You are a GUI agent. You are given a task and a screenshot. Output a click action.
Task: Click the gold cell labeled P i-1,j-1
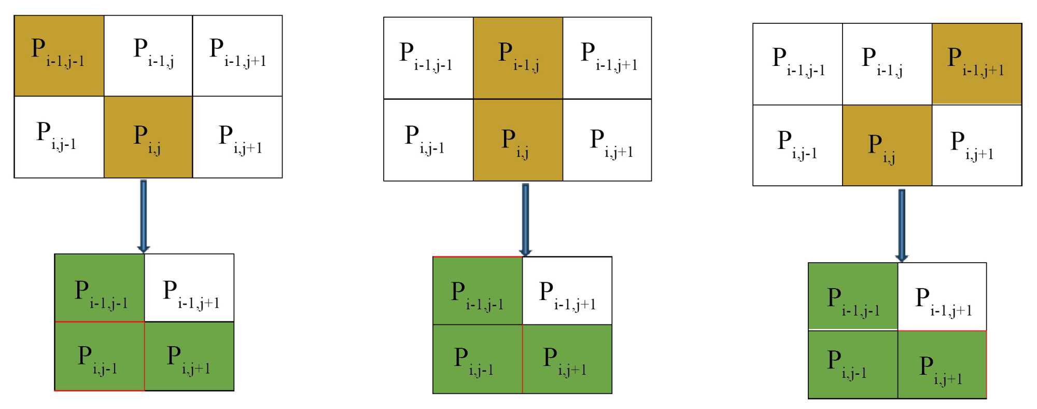point(59,56)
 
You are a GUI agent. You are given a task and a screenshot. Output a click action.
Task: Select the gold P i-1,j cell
point(518,58)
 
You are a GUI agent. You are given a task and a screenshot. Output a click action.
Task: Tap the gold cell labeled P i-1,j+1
point(976,63)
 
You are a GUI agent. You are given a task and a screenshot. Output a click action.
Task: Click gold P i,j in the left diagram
point(148,137)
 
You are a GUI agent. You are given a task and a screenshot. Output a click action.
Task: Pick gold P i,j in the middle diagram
point(518,140)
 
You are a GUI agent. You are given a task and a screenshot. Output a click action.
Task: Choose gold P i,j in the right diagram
point(887,145)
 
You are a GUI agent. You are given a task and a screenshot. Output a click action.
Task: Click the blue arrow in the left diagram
point(144,216)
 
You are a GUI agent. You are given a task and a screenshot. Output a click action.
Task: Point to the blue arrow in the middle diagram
point(525,220)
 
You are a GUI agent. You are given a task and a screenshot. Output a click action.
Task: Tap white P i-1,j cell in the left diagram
point(148,56)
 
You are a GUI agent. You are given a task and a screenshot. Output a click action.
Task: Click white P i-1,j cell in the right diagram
point(887,64)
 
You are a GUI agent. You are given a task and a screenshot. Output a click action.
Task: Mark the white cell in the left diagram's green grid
point(189,288)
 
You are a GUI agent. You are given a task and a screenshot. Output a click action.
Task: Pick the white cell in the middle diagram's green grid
point(567,291)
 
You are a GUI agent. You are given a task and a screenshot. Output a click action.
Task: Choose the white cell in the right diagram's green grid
point(942,296)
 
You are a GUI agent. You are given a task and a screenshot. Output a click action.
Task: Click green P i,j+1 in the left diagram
point(189,356)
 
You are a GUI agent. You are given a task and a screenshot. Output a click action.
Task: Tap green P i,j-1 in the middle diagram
point(478,359)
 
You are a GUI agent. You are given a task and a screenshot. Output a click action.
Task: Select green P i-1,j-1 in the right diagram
point(853,296)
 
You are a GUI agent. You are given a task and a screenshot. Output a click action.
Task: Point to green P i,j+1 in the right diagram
point(942,364)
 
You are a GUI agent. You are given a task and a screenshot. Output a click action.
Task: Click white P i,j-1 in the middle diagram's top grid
point(428,140)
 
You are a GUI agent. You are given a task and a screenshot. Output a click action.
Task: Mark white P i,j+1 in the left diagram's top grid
point(237,137)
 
